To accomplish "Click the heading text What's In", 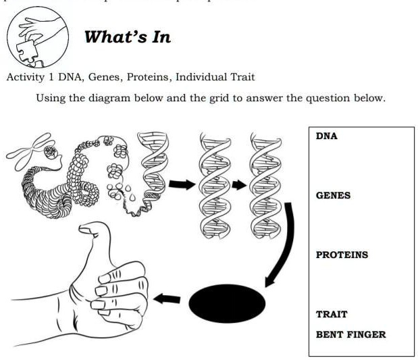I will tap(127, 36).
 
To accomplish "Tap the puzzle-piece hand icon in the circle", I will tap(40, 38).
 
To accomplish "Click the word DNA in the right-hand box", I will tap(326, 136).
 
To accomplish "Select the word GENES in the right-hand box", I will tap(333, 195).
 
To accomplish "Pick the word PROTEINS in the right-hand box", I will tap(342, 255).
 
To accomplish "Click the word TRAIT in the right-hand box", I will tap(332, 314).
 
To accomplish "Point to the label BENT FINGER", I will tap(350, 334).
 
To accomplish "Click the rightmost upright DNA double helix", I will tap(264, 184).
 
